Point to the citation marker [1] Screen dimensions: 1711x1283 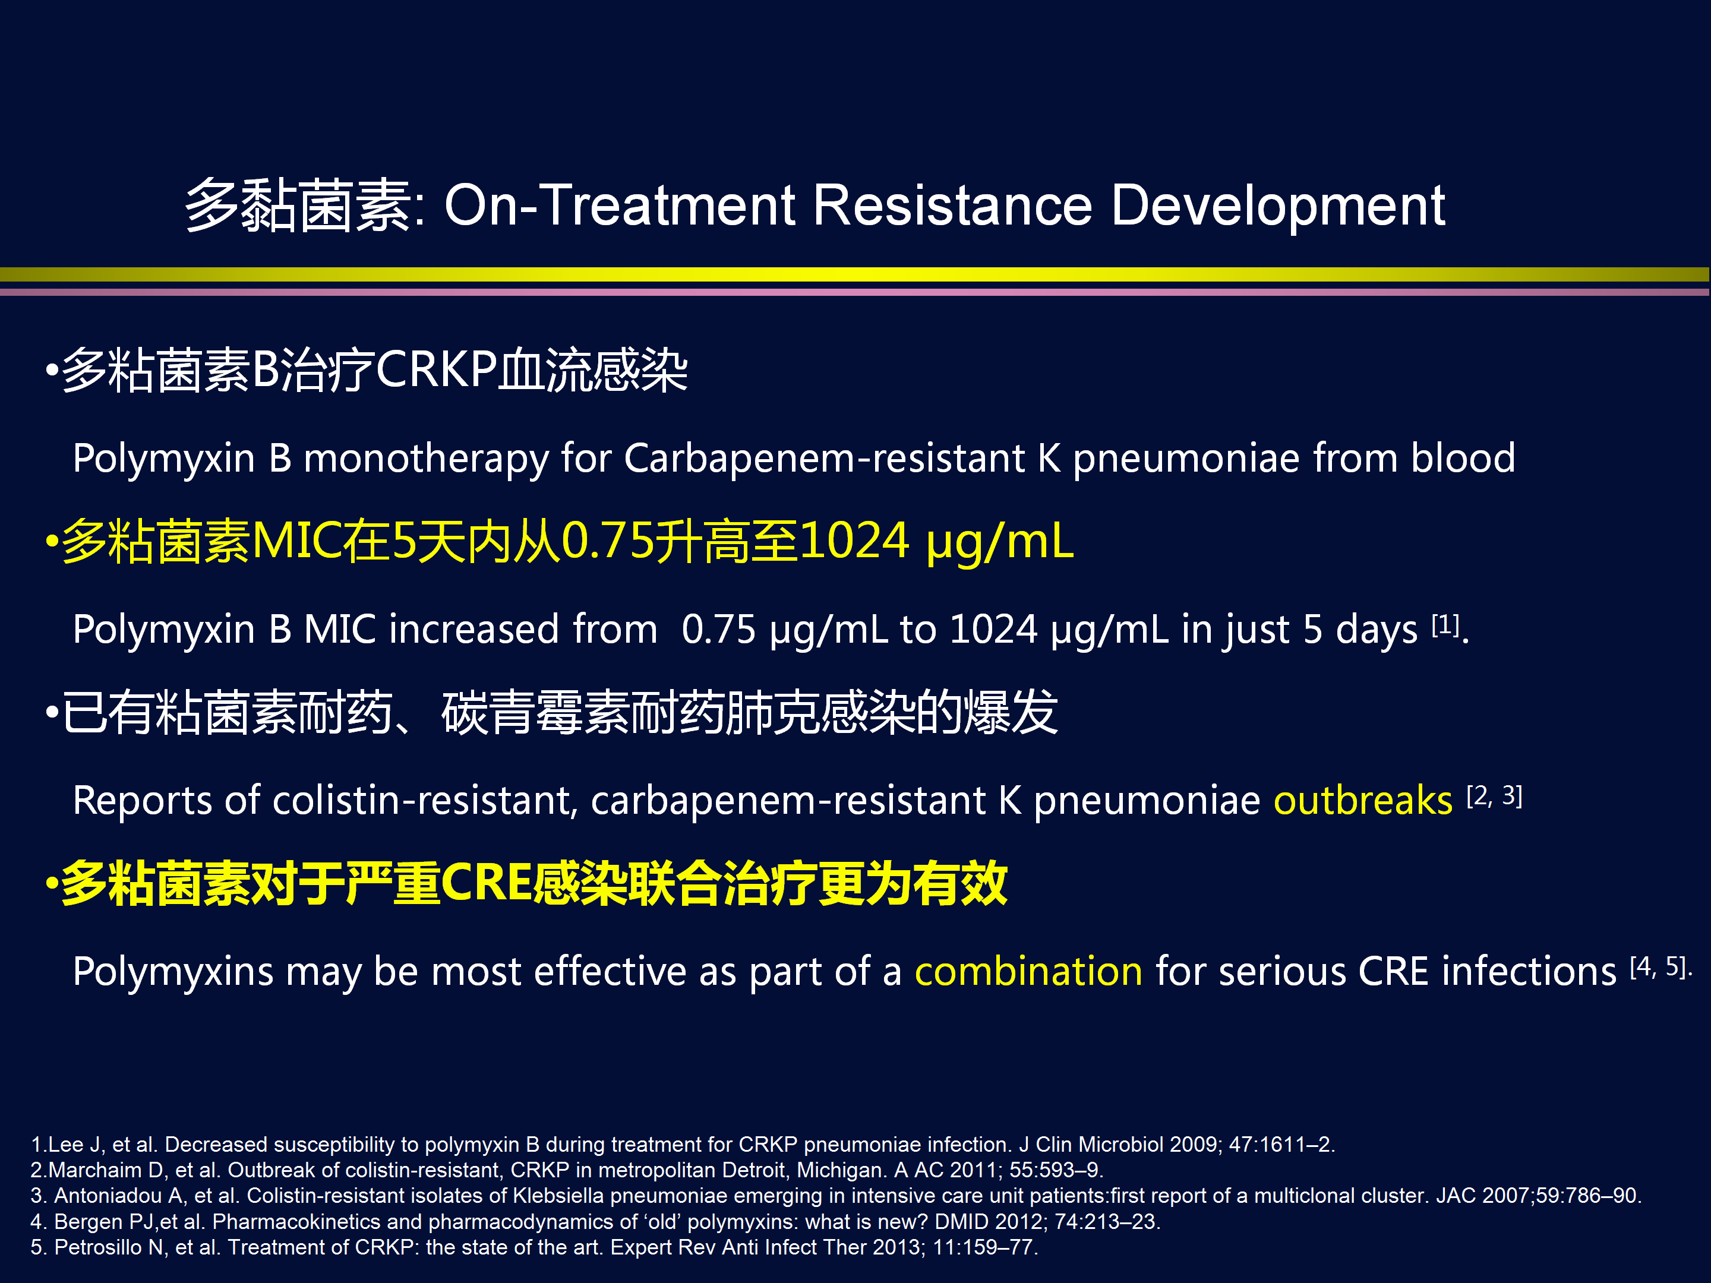coord(1444,624)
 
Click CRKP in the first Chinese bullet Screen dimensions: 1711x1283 coord(435,369)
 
